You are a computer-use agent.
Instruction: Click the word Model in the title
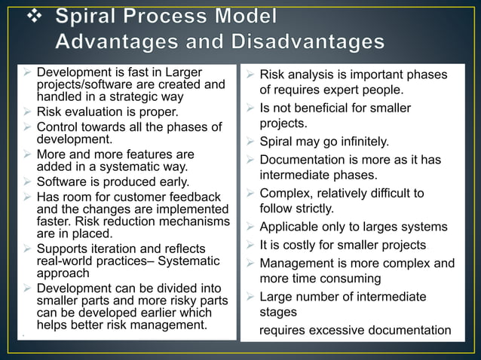[x=245, y=17]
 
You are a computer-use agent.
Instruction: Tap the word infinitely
[x=361, y=141]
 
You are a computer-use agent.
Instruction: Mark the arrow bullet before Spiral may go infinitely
[x=250, y=141]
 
